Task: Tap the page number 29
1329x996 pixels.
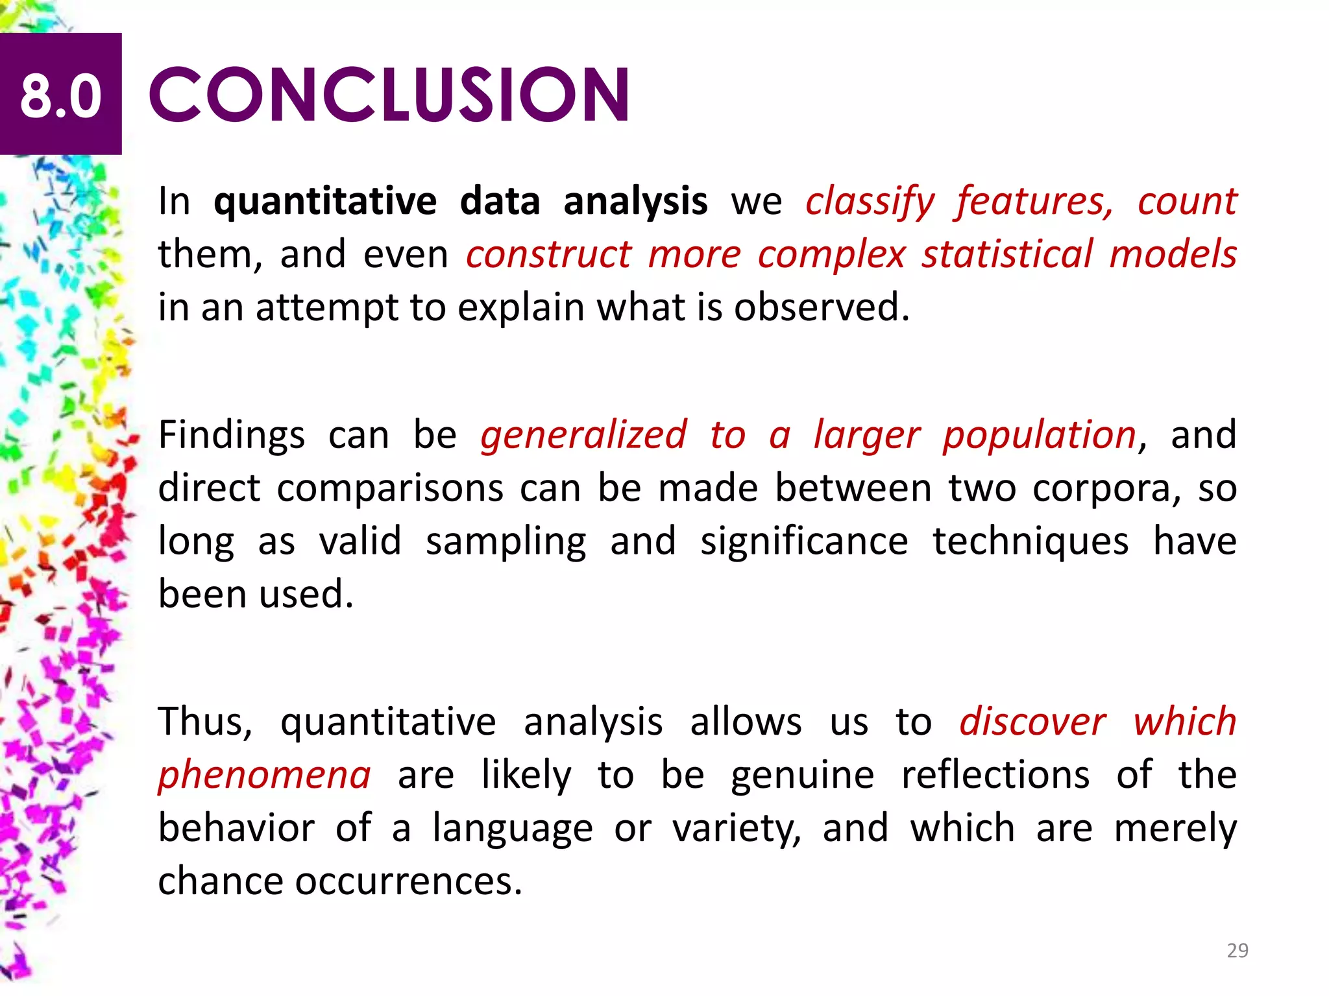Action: point(1237,951)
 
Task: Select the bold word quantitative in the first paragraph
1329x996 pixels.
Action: point(325,201)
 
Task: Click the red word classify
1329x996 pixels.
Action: point(870,201)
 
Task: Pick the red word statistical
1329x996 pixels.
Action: point(1008,254)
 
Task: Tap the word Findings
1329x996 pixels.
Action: point(232,434)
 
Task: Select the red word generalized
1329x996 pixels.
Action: point(583,434)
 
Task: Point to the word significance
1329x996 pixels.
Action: point(804,541)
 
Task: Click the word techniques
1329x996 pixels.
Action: point(1030,541)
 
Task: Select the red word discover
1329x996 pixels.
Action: point(1033,721)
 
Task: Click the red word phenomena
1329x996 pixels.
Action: point(265,774)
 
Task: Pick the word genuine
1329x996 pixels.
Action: point(803,774)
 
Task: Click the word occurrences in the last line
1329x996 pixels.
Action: point(409,881)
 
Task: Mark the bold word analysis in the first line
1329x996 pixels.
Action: point(635,201)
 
